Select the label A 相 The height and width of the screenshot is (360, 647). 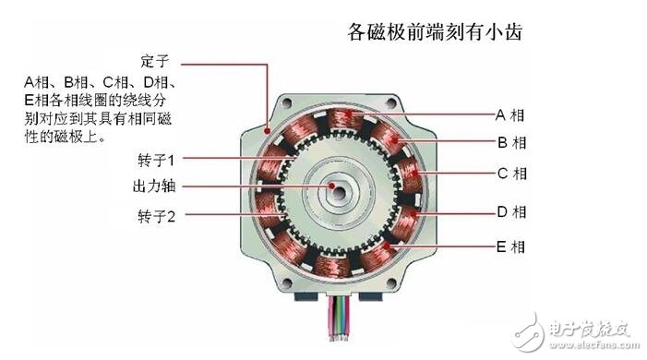click(x=510, y=115)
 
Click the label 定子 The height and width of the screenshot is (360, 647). click(x=154, y=63)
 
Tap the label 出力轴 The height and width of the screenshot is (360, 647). click(x=154, y=186)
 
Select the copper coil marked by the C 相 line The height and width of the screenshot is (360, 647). click(x=410, y=173)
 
